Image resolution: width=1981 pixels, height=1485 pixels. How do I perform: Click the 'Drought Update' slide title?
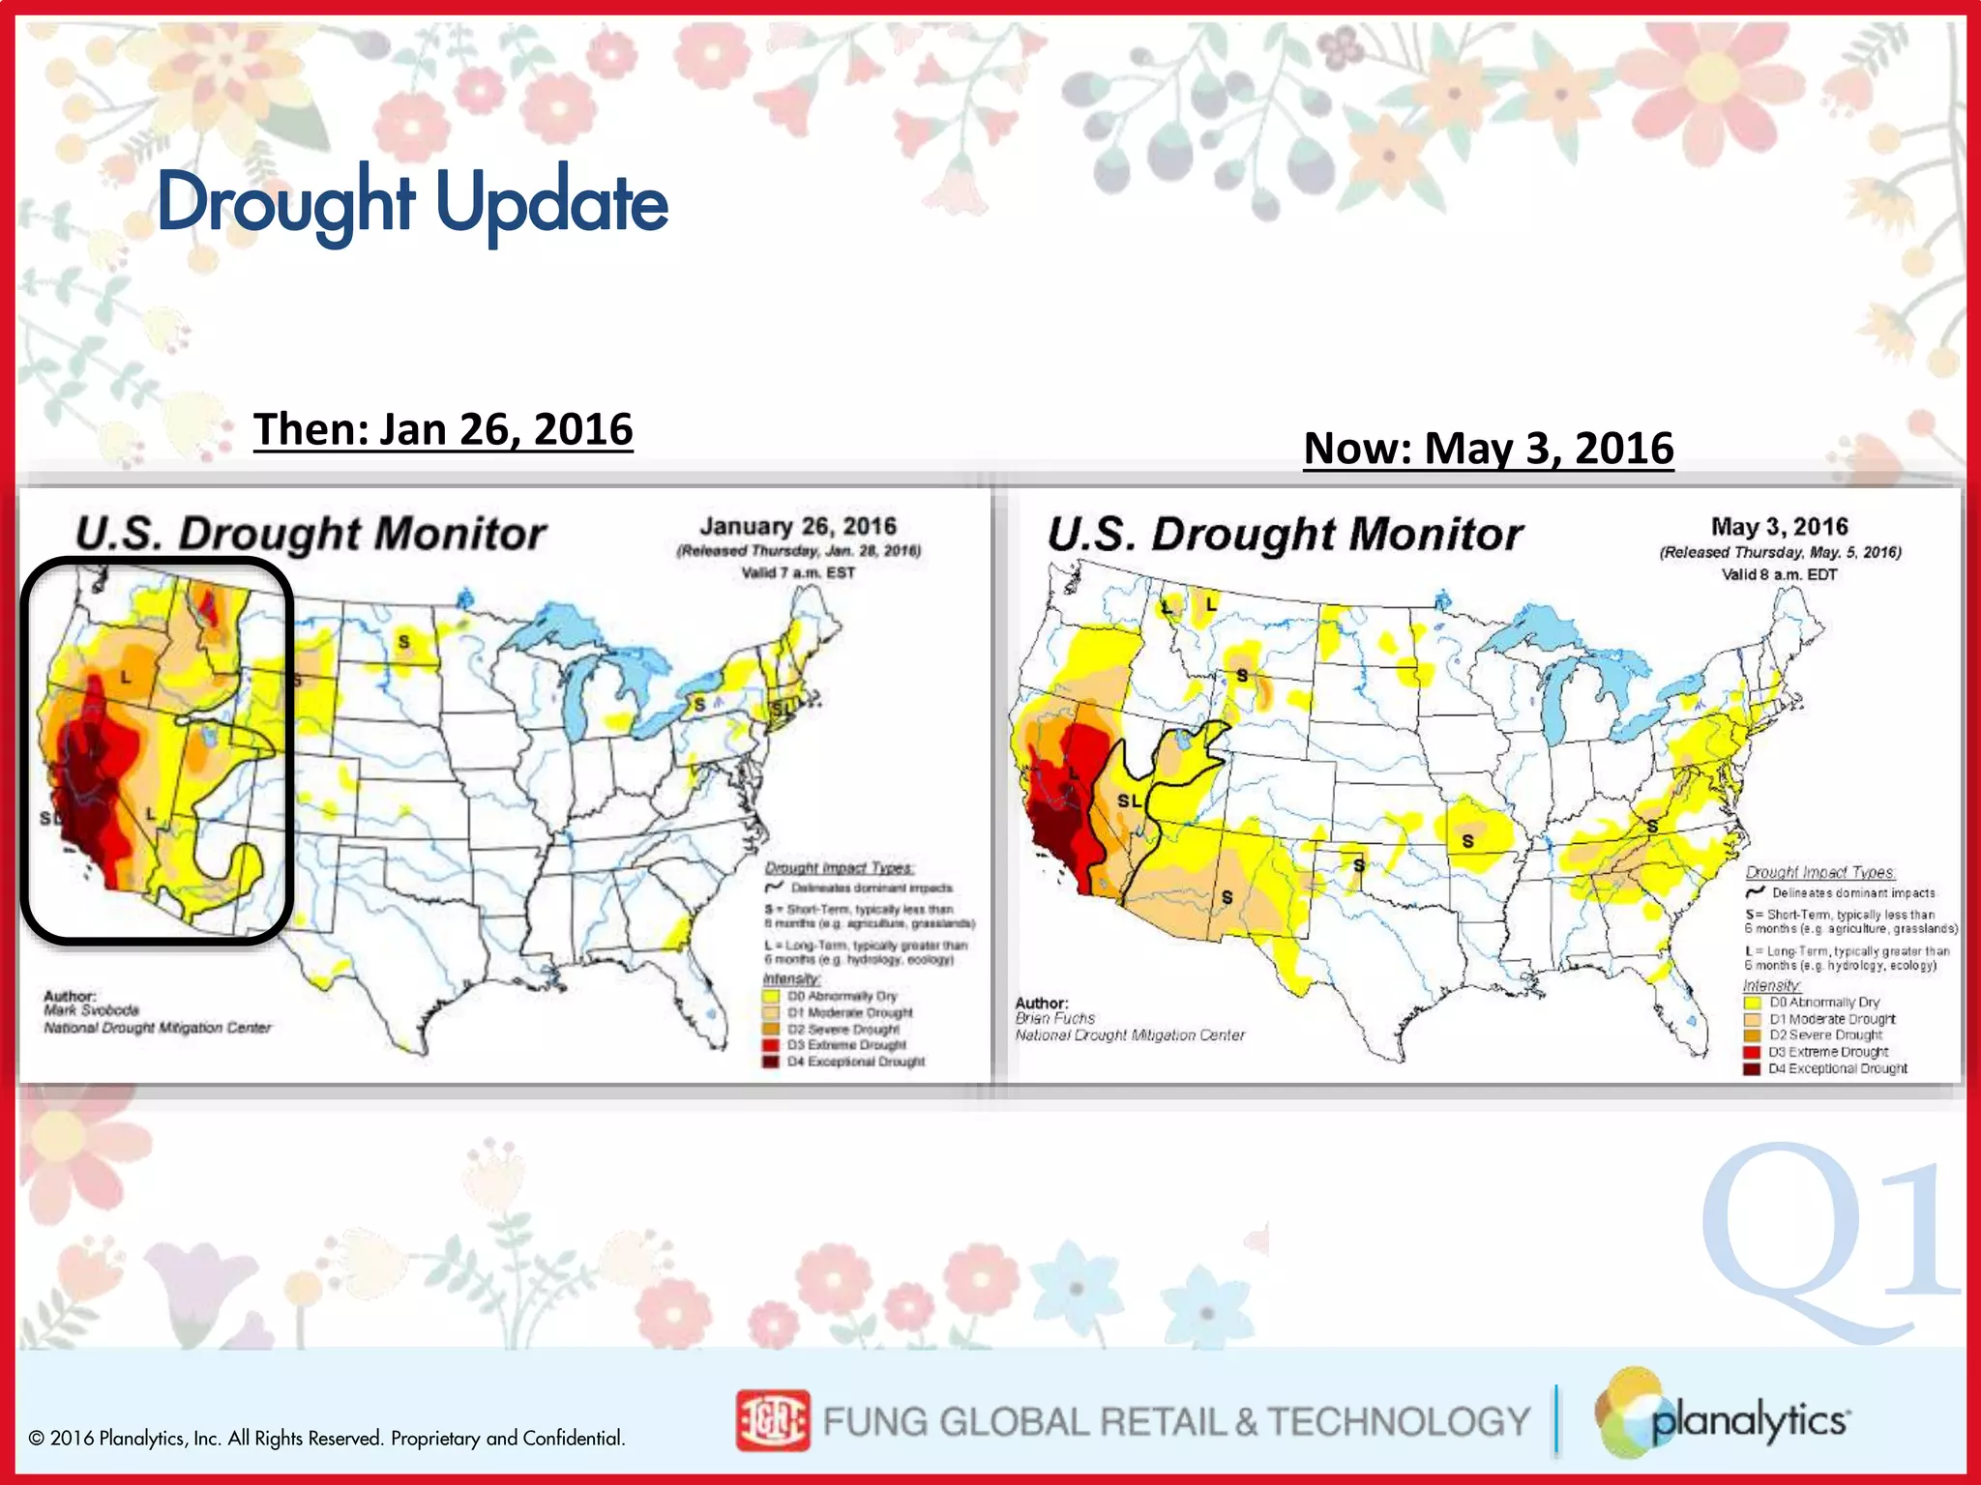tap(412, 203)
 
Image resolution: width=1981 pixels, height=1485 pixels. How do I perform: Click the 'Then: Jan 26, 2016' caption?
tap(443, 429)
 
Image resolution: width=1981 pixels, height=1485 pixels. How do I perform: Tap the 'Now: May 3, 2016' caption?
tap(1488, 449)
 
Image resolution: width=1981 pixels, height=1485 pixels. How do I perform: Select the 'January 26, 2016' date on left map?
tap(798, 526)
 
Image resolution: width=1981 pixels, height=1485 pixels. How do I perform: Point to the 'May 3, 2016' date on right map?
tap(1779, 527)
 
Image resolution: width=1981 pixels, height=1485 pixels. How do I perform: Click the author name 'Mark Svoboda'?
tap(91, 1010)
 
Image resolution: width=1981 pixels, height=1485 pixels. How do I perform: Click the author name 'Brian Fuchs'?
tap(1054, 1018)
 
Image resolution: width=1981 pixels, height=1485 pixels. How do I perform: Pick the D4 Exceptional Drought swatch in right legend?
tap(1751, 1068)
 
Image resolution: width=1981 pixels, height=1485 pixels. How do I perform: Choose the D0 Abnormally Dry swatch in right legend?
tap(1751, 1003)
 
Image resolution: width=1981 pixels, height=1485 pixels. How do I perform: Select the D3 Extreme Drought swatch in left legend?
tap(771, 1045)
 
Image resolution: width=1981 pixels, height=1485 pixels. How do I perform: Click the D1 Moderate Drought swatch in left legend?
tap(771, 1012)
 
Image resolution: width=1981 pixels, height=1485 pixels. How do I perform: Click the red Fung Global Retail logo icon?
tap(772, 1420)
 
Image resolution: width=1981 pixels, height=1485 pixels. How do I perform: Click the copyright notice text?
tap(327, 1439)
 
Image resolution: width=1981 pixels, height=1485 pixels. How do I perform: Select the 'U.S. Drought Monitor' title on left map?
tap(310, 534)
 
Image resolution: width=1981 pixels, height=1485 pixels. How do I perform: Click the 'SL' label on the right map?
tap(1129, 801)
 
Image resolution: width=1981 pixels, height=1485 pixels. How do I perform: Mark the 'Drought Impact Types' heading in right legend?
tap(1819, 872)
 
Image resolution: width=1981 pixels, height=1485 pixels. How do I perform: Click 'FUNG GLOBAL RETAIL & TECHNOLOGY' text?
tap(1176, 1421)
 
